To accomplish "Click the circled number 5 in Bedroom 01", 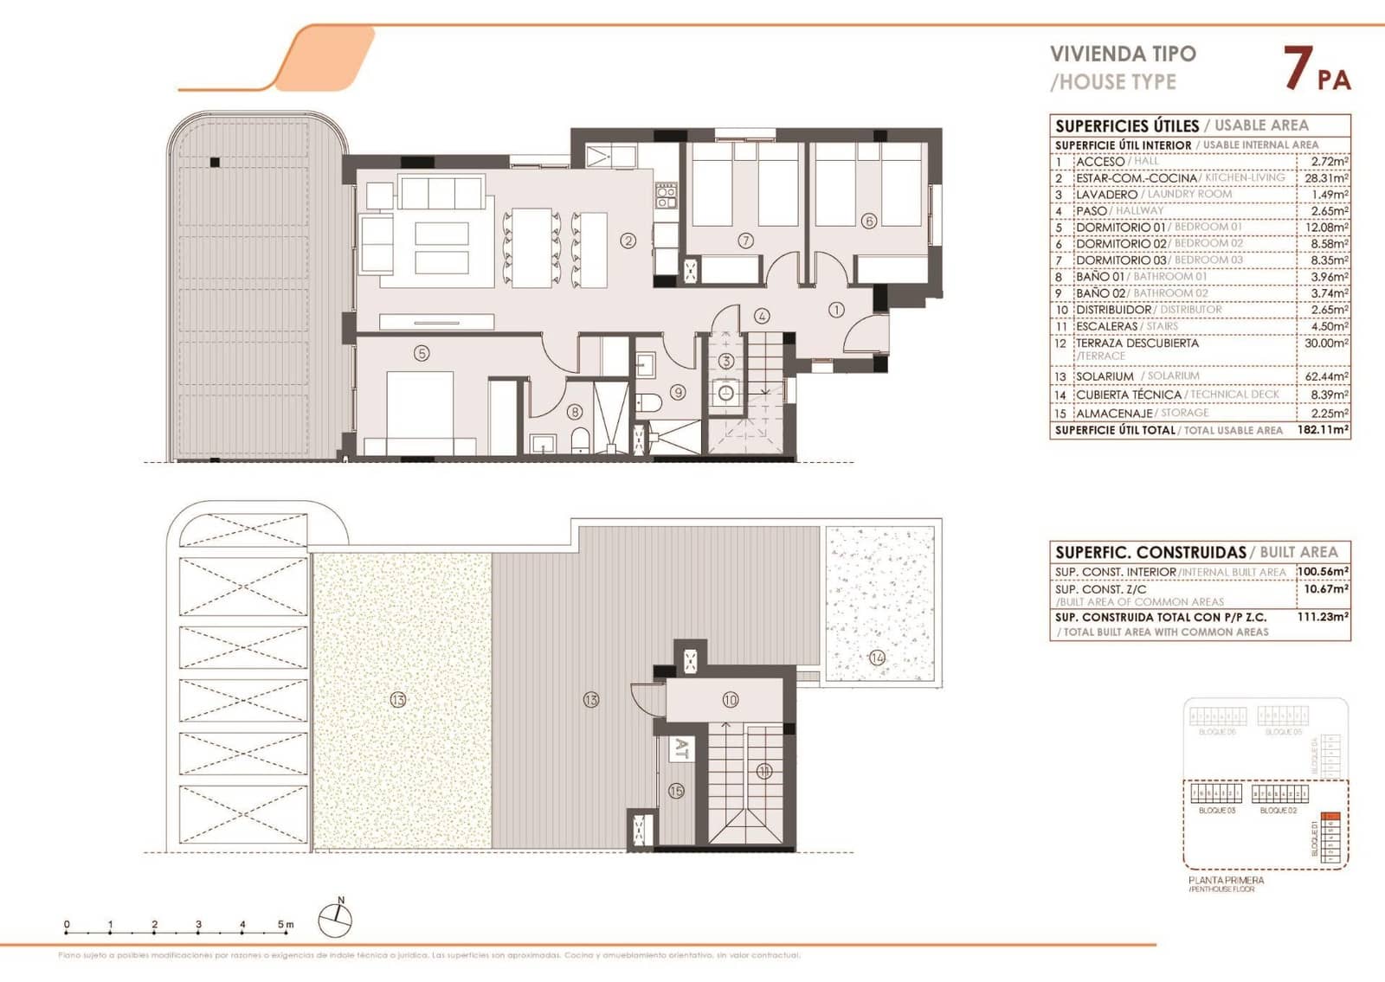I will [x=422, y=353].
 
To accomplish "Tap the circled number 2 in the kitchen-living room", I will [x=628, y=241].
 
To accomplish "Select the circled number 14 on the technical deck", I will [x=877, y=658].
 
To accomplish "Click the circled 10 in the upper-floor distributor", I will [x=731, y=699].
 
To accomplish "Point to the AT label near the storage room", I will [x=681, y=748].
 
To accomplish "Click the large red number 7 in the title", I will [x=1296, y=69].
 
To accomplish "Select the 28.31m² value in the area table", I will [x=1325, y=178].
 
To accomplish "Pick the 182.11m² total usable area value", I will [x=1324, y=430].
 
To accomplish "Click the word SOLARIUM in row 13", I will [x=1105, y=377].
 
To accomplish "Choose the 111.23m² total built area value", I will [x=1324, y=618].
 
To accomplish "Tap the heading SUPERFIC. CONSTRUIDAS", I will [x=1150, y=552].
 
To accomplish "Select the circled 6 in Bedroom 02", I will [x=870, y=221].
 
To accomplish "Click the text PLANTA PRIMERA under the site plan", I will [x=1226, y=880].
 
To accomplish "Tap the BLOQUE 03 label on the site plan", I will [x=1216, y=811].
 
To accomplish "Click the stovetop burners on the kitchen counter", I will [x=665, y=196].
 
